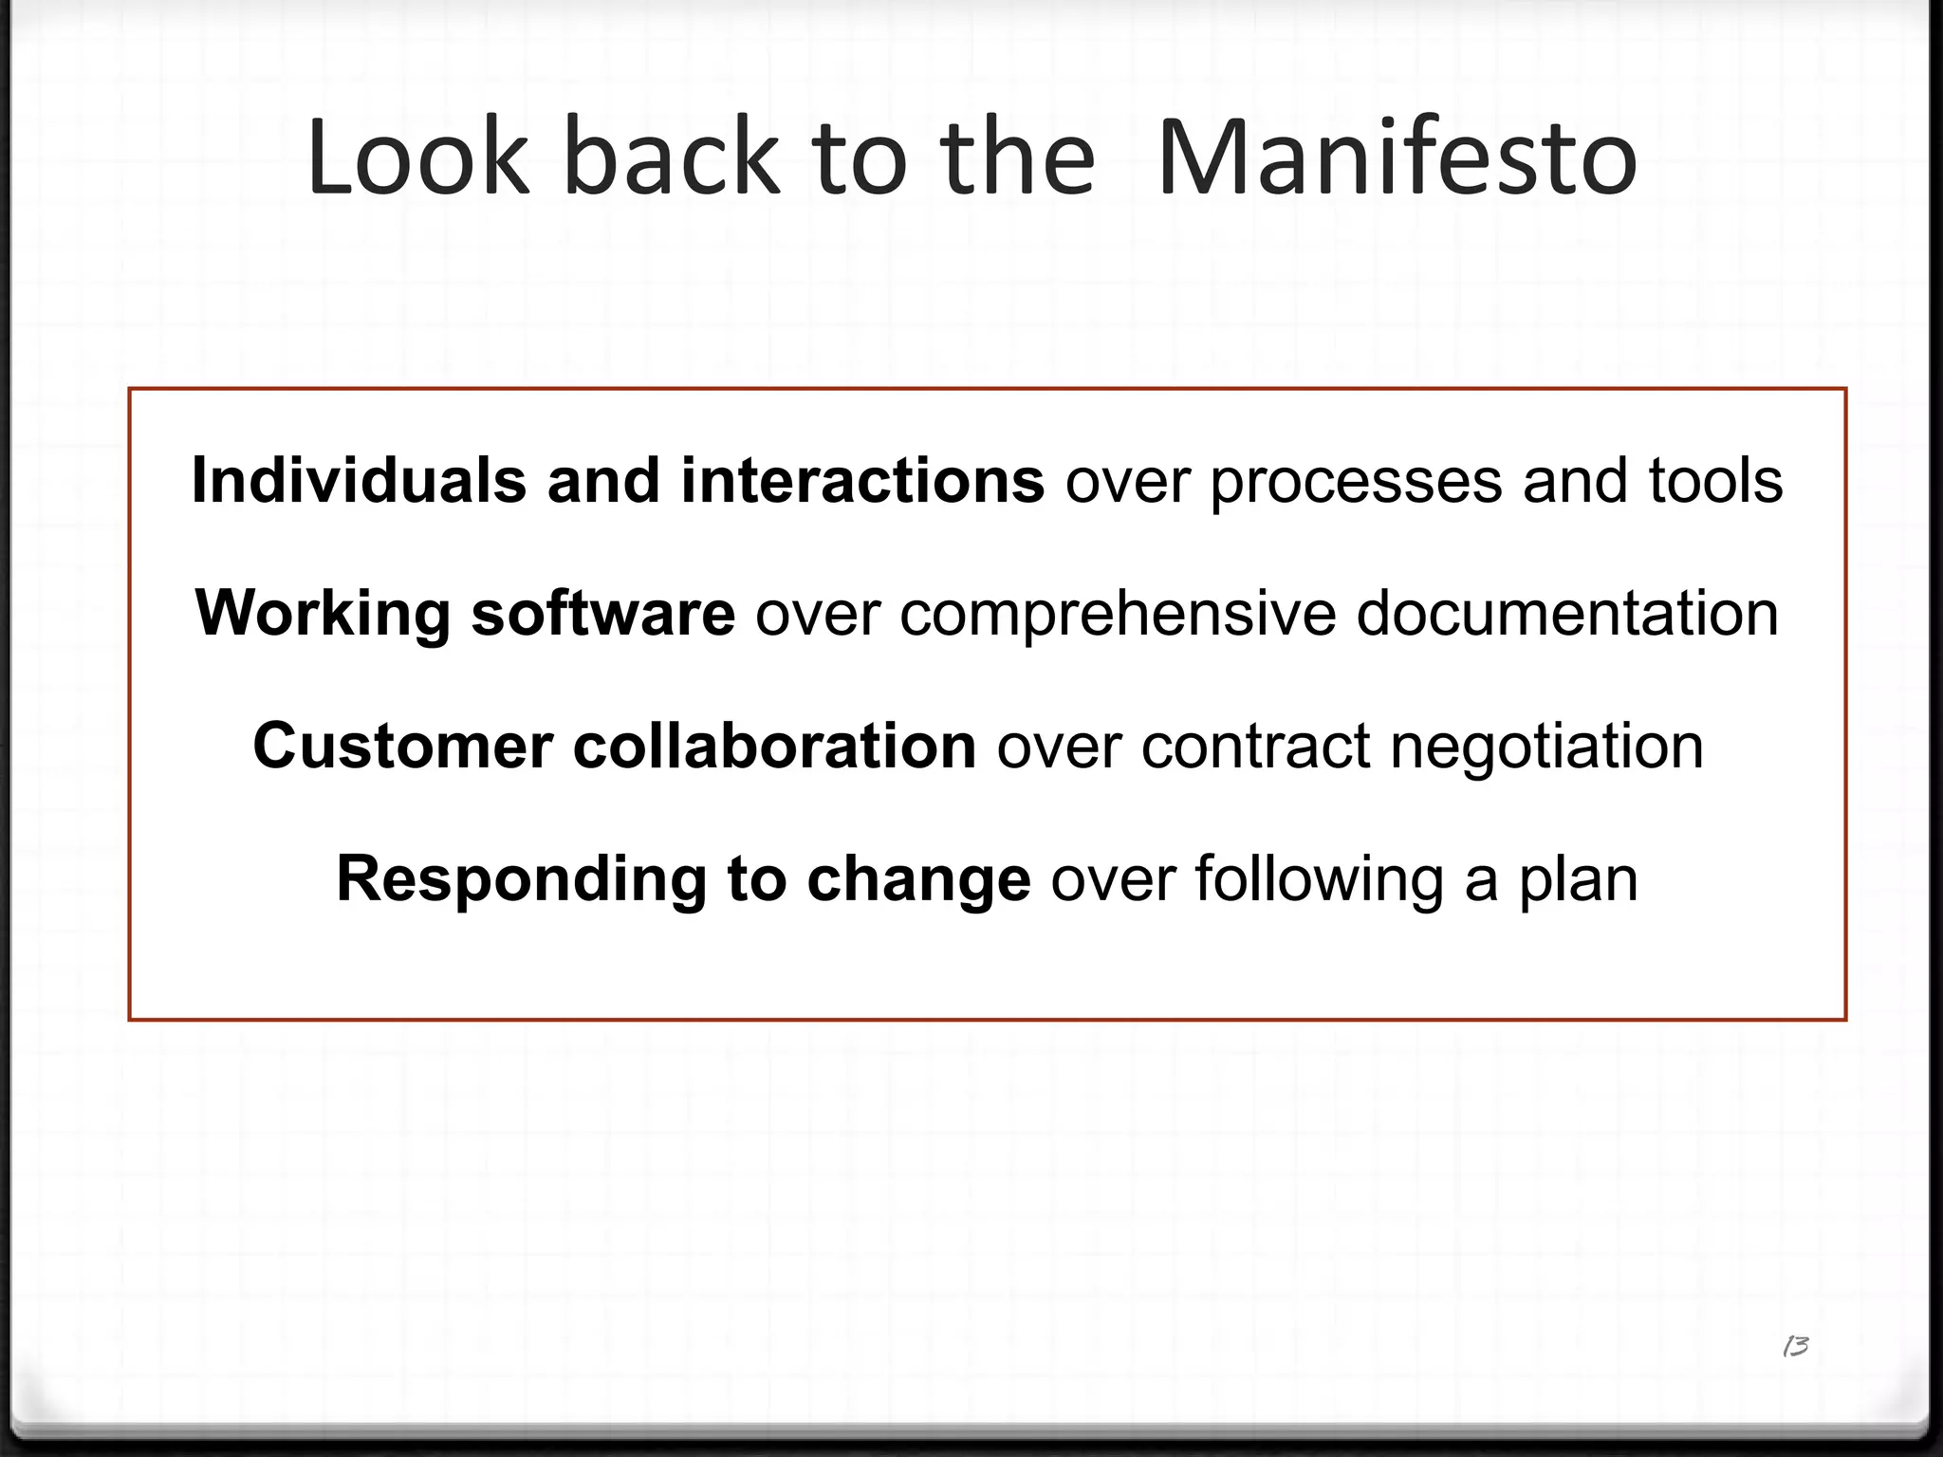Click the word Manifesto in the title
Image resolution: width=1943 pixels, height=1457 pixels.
coord(1397,157)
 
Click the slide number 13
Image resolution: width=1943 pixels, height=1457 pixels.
coord(1795,1346)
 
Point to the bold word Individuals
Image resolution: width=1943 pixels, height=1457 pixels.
coord(359,480)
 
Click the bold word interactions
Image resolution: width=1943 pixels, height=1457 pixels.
coord(862,480)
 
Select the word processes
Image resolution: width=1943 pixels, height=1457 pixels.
coord(1356,482)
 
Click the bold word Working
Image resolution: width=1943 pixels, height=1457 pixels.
coord(323,614)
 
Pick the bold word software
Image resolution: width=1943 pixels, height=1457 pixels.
coord(602,613)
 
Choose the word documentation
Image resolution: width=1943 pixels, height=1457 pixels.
coord(1567,613)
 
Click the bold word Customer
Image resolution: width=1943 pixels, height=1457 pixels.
coord(402,746)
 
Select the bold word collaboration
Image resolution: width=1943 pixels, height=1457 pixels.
coord(774,746)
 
